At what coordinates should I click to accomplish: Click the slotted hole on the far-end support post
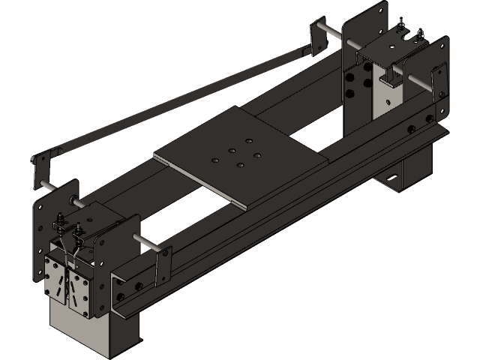pyautogui.click(x=391, y=178)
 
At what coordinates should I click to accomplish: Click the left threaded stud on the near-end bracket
pyautogui.click(x=59, y=223)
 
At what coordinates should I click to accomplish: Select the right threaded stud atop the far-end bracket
pyautogui.click(x=420, y=34)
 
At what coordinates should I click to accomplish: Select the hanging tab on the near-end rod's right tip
pyautogui.click(x=158, y=266)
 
